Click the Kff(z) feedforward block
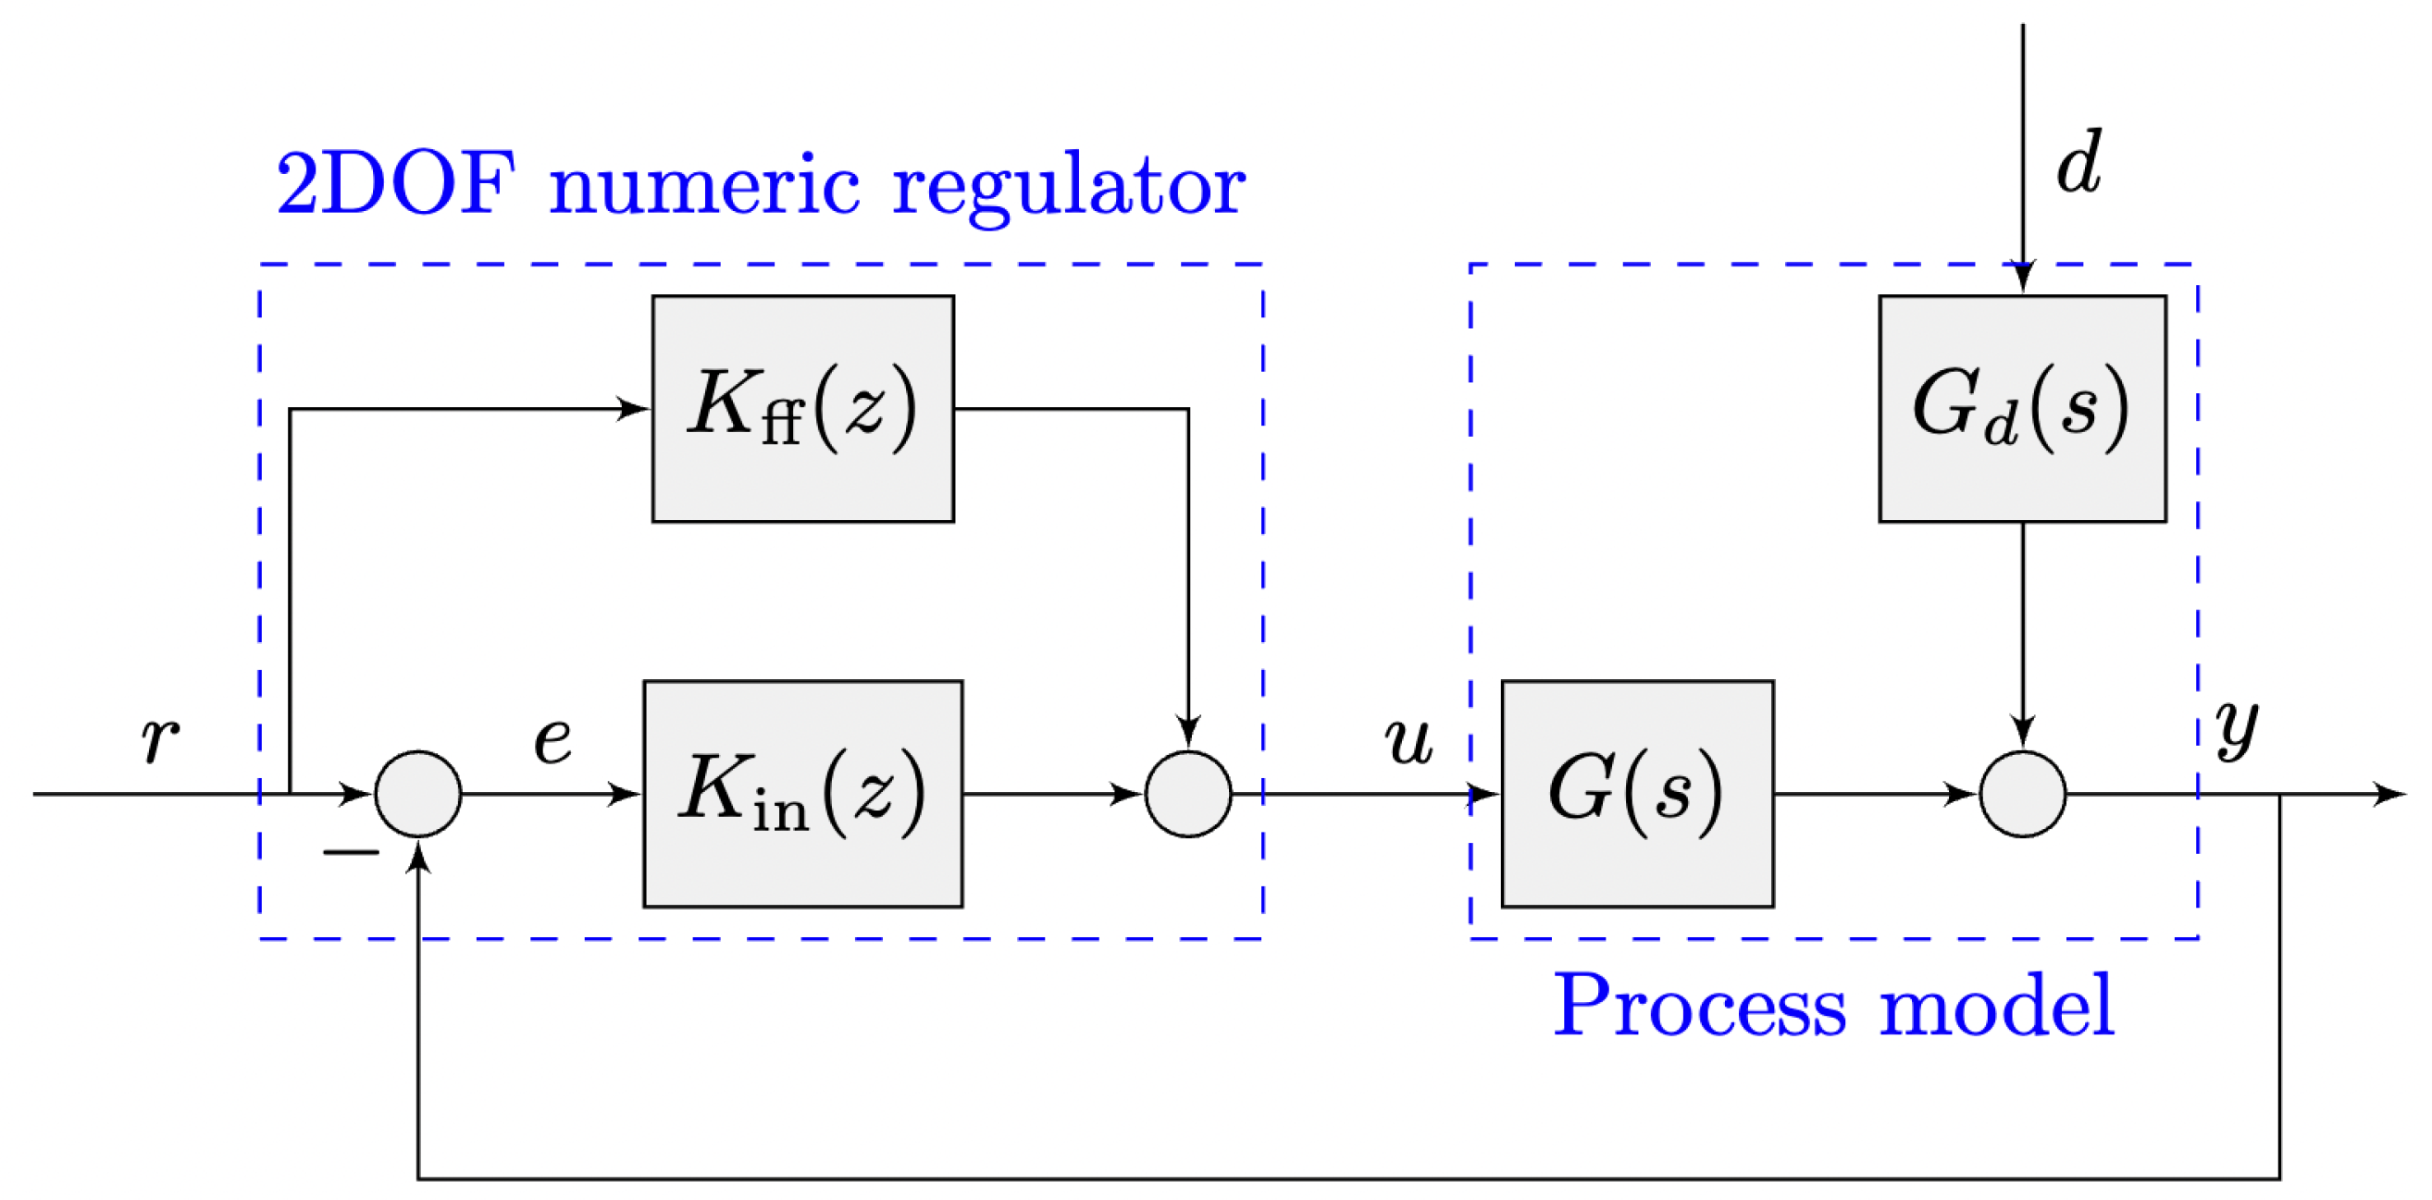coord(802,409)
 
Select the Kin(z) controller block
coord(802,793)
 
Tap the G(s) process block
coord(1637,793)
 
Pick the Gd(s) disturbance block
coord(2021,409)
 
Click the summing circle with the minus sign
coord(418,793)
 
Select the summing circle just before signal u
coord(1187,793)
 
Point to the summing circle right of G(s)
coord(2021,793)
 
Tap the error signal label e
coord(552,739)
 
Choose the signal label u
coord(1408,739)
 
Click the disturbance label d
coord(2078,164)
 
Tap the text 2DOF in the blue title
coord(395,183)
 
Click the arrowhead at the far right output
coord(2389,793)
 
